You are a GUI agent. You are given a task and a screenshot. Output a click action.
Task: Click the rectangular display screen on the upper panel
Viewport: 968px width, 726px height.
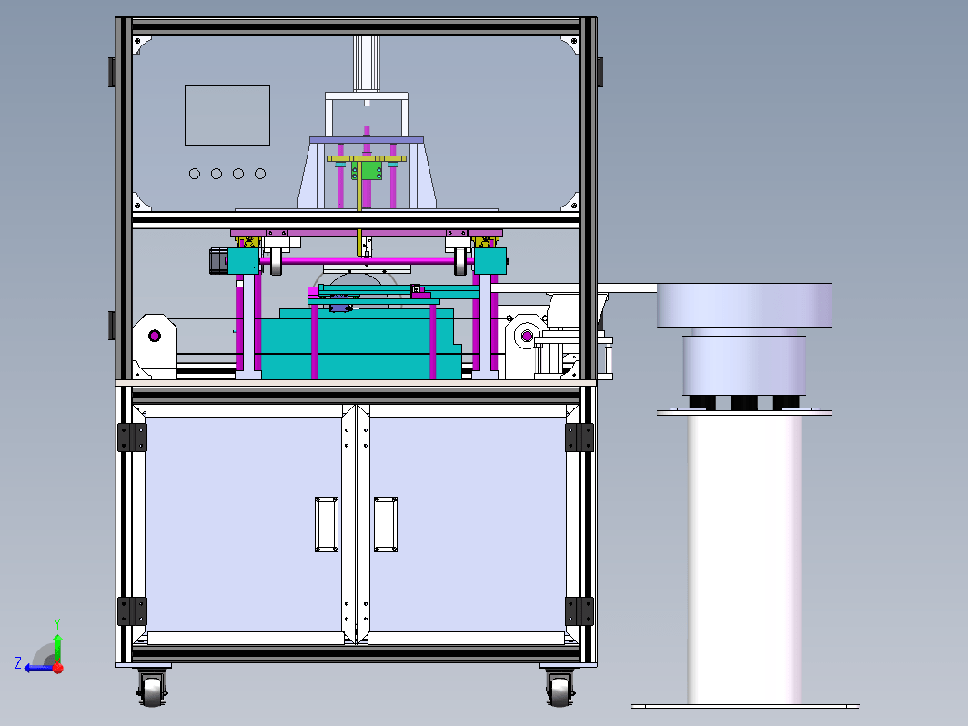pyautogui.click(x=227, y=115)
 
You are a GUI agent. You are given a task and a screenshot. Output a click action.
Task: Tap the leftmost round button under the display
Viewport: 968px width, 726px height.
pyautogui.click(x=195, y=174)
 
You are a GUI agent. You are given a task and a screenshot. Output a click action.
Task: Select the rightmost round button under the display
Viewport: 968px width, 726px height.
pyautogui.click(x=260, y=174)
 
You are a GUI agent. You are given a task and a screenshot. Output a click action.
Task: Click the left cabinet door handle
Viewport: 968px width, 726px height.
pyautogui.click(x=326, y=524)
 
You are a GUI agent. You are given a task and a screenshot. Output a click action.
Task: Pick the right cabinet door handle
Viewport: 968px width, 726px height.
pyautogui.click(x=385, y=524)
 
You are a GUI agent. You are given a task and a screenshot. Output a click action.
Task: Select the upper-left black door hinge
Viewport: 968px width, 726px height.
pyautogui.click(x=132, y=437)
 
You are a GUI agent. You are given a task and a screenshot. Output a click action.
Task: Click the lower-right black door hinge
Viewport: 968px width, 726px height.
pyautogui.click(x=579, y=611)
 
